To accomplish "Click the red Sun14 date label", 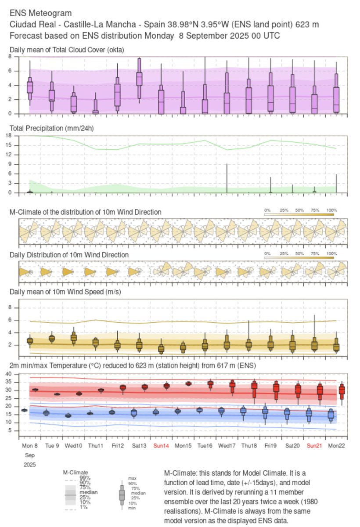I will pos(161,446).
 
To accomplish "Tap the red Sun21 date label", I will pos(314,446).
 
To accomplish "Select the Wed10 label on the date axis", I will pos(74,446).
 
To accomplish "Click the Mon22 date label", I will pos(336,446).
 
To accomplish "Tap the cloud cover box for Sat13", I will pos(139,78).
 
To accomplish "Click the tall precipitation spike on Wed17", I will pos(227,178).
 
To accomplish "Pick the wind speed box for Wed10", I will pos(74,337).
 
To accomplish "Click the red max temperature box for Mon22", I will pos(342,390).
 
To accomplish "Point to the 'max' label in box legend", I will pos(132,478).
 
